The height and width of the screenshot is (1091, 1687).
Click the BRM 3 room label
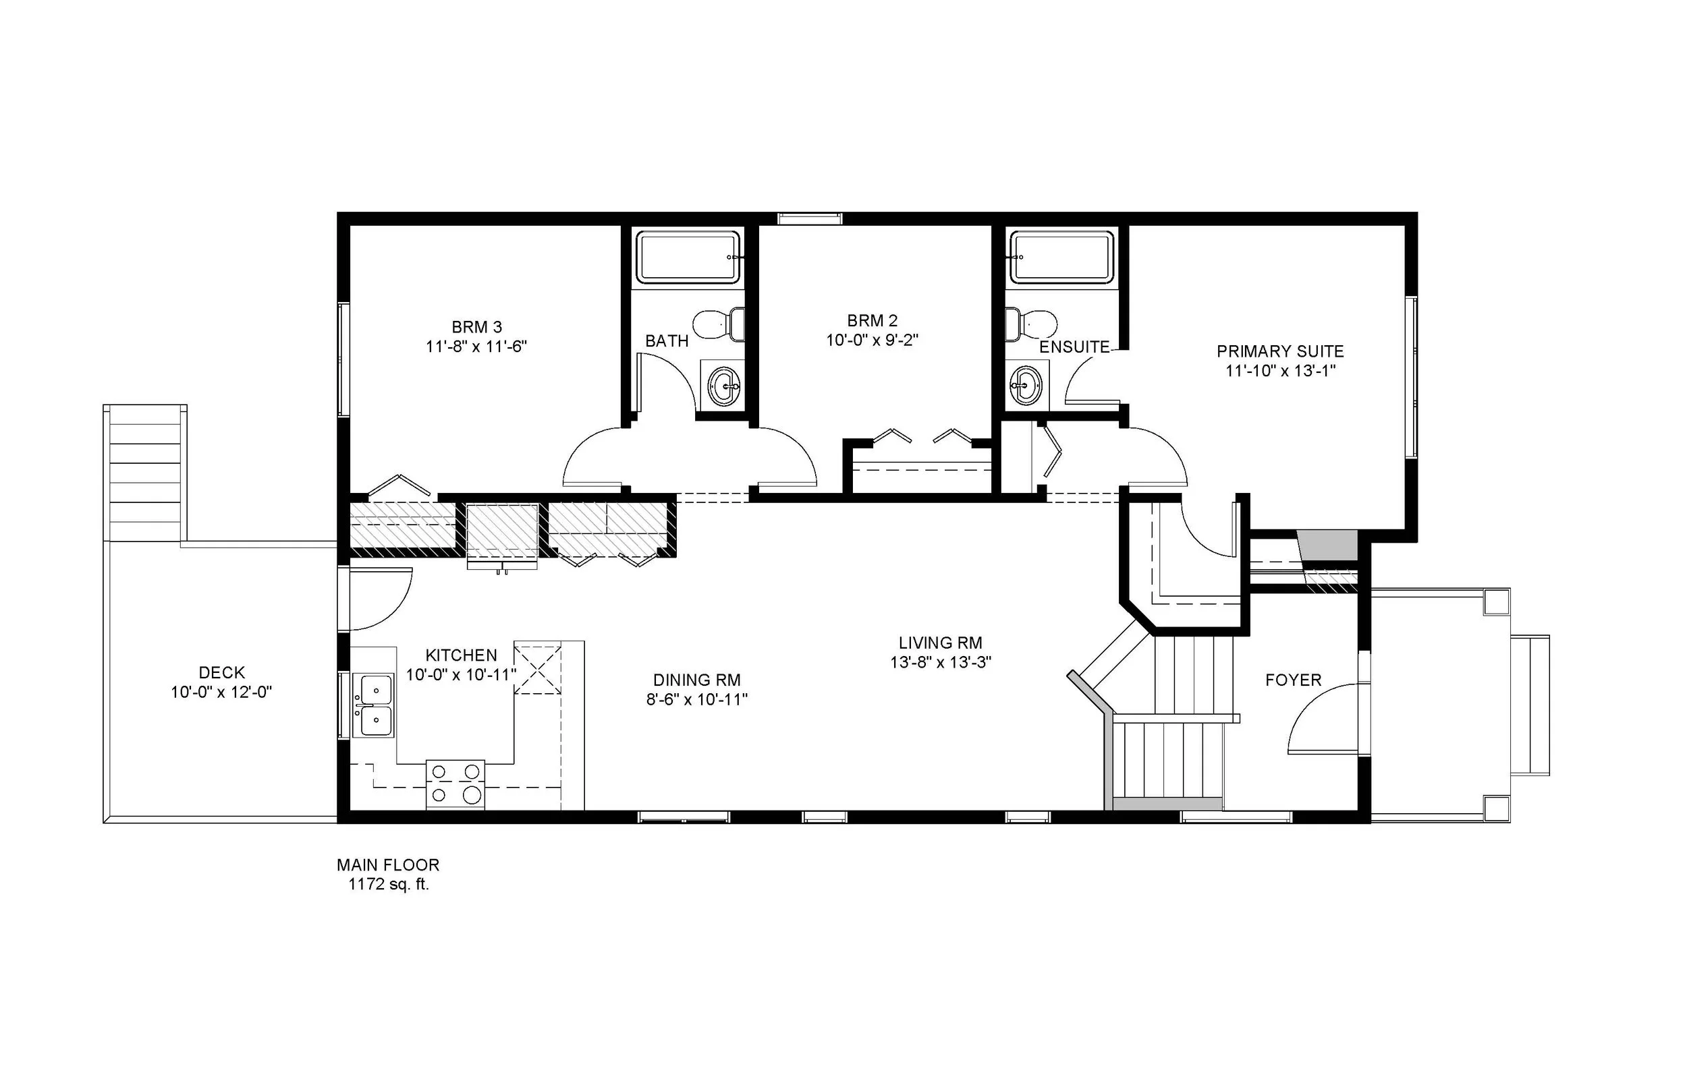point(476,327)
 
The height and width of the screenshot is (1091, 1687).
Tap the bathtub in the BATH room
point(687,257)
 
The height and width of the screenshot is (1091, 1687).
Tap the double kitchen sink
point(375,705)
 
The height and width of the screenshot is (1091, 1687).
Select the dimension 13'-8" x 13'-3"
point(940,662)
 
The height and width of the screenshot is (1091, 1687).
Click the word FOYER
point(1293,681)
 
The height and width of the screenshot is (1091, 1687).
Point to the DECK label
point(221,672)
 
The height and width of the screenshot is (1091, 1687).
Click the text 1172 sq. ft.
point(389,885)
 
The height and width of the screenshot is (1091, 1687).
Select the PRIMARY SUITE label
point(1279,351)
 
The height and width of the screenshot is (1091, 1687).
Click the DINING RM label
point(696,680)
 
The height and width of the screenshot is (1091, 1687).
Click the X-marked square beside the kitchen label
point(537,669)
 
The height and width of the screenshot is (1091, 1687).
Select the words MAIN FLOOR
point(388,865)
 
